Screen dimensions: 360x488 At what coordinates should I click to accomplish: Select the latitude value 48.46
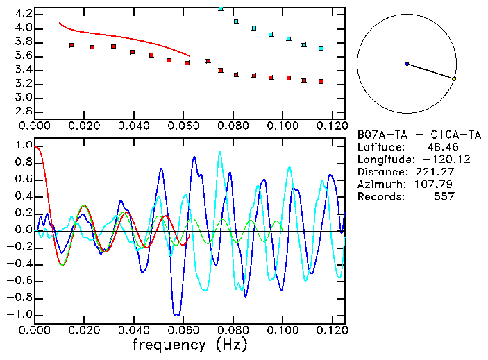(440, 147)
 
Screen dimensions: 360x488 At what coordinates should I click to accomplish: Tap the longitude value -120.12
(435, 160)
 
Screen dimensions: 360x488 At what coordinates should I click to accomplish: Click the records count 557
(443, 197)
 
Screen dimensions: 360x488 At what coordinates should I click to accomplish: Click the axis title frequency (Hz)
(190, 344)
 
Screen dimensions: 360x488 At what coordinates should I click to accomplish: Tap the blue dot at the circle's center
(407, 64)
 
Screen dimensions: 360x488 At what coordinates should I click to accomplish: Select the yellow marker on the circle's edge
(454, 79)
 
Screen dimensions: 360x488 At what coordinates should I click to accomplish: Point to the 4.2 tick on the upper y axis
(22, 14)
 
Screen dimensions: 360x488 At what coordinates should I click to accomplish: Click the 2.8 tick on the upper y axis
(22, 111)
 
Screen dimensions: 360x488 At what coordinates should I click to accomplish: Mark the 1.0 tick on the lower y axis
(22, 146)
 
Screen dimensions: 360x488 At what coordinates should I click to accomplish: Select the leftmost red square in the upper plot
(71, 45)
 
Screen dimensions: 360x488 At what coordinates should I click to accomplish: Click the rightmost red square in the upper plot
(321, 81)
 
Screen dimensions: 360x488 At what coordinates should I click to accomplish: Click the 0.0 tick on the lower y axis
(22, 230)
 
